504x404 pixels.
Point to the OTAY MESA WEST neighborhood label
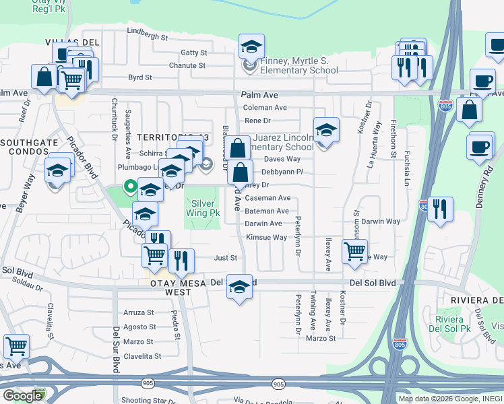coord(168,283)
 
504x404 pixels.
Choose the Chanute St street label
coord(187,65)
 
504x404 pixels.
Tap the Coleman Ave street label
coord(265,107)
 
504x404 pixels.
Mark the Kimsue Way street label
coord(266,237)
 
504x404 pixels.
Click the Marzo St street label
coord(319,338)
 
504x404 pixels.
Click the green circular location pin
coord(127,187)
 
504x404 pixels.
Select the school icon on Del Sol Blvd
coord(239,287)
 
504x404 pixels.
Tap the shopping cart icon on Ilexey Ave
coord(354,251)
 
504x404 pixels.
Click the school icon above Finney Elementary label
coord(251,46)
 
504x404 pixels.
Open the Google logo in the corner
coord(22,396)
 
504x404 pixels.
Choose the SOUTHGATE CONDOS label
coord(32,143)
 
